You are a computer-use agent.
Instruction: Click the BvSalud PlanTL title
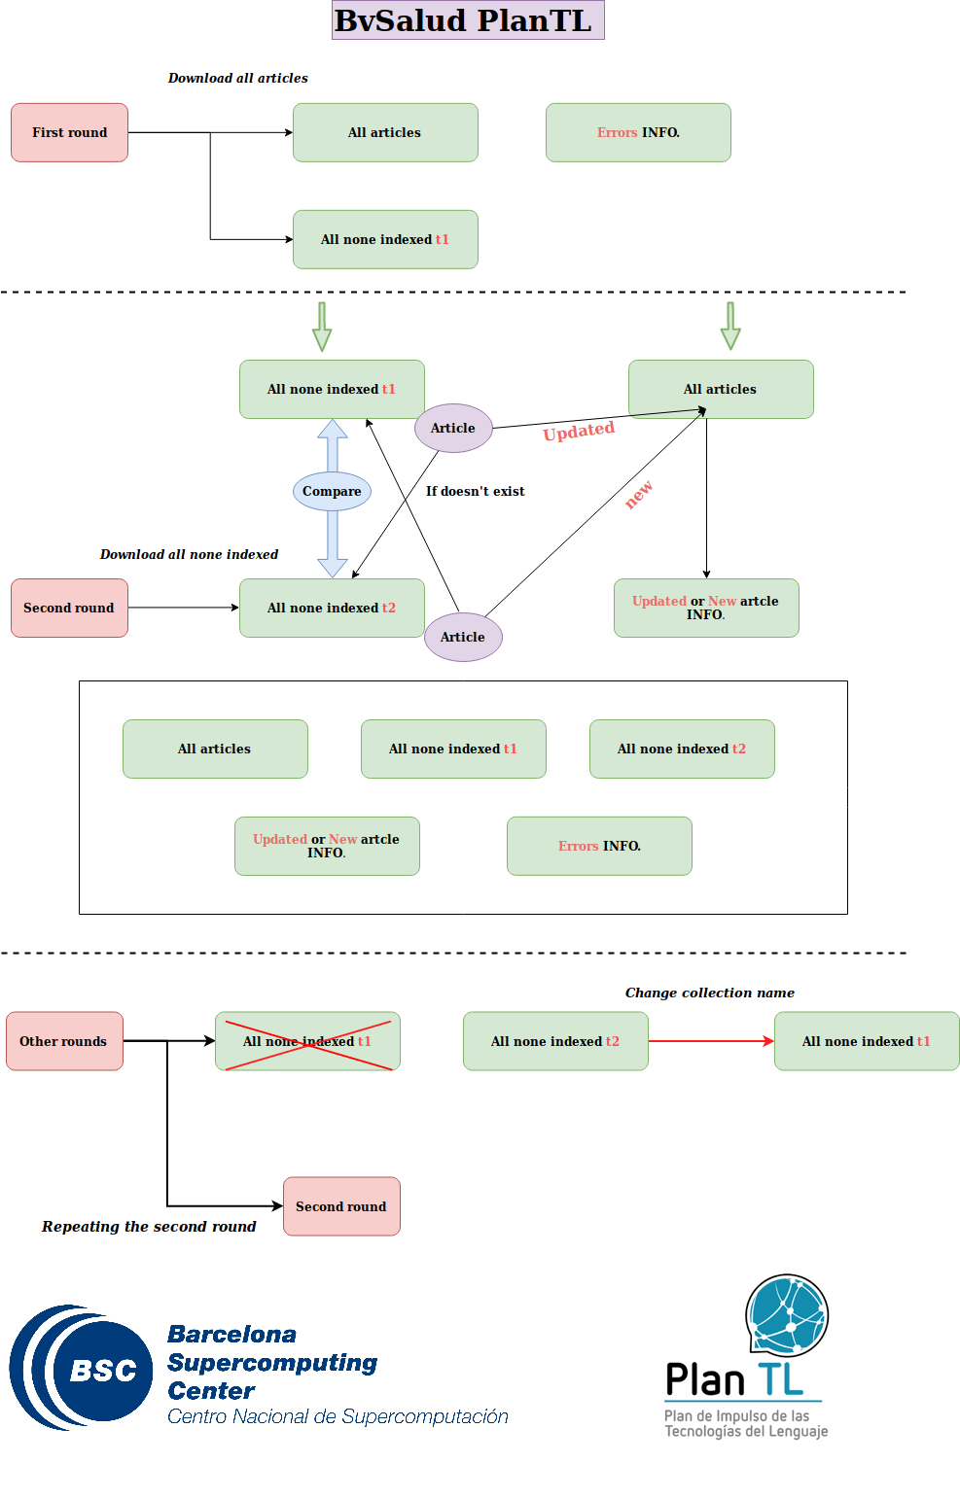[468, 20]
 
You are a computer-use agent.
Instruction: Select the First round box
[70, 132]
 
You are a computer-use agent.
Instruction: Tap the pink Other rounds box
[64, 1040]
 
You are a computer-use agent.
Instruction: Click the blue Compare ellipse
[332, 491]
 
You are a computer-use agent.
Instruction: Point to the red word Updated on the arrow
[579, 431]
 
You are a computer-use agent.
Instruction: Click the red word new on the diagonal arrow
[638, 495]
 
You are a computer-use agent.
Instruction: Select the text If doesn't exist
[475, 491]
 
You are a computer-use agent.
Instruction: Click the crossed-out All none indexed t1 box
[307, 1040]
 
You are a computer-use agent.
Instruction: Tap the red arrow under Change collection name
[711, 1040]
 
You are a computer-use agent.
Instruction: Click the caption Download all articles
[237, 78]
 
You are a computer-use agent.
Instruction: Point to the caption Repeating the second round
[149, 1226]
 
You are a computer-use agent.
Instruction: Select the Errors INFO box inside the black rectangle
[599, 846]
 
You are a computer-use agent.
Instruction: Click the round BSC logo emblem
[81, 1367]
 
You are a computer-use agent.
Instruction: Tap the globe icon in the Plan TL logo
[788, 1315]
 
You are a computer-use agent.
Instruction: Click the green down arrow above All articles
[730, 326]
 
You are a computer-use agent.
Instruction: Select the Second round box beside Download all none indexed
[70, 608]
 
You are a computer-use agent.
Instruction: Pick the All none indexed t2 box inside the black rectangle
[683, 749]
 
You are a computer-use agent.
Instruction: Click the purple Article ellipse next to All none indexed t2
[463, 637]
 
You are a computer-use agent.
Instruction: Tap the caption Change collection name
[710, 993]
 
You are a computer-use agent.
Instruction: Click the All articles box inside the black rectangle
[215, 749]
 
